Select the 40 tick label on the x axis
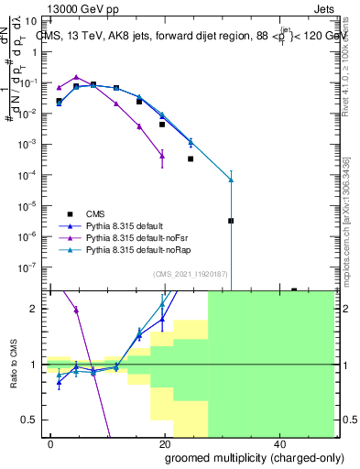(x=278, y=442)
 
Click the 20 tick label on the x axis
(x=164, y=442)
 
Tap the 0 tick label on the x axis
(x=50, y=442)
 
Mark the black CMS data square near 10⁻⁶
(x=231, y=221)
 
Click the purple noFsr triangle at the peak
(x=77, y=77)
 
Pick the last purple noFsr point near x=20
(x=162, y=156)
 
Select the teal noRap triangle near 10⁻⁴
(x=231, y=180)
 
